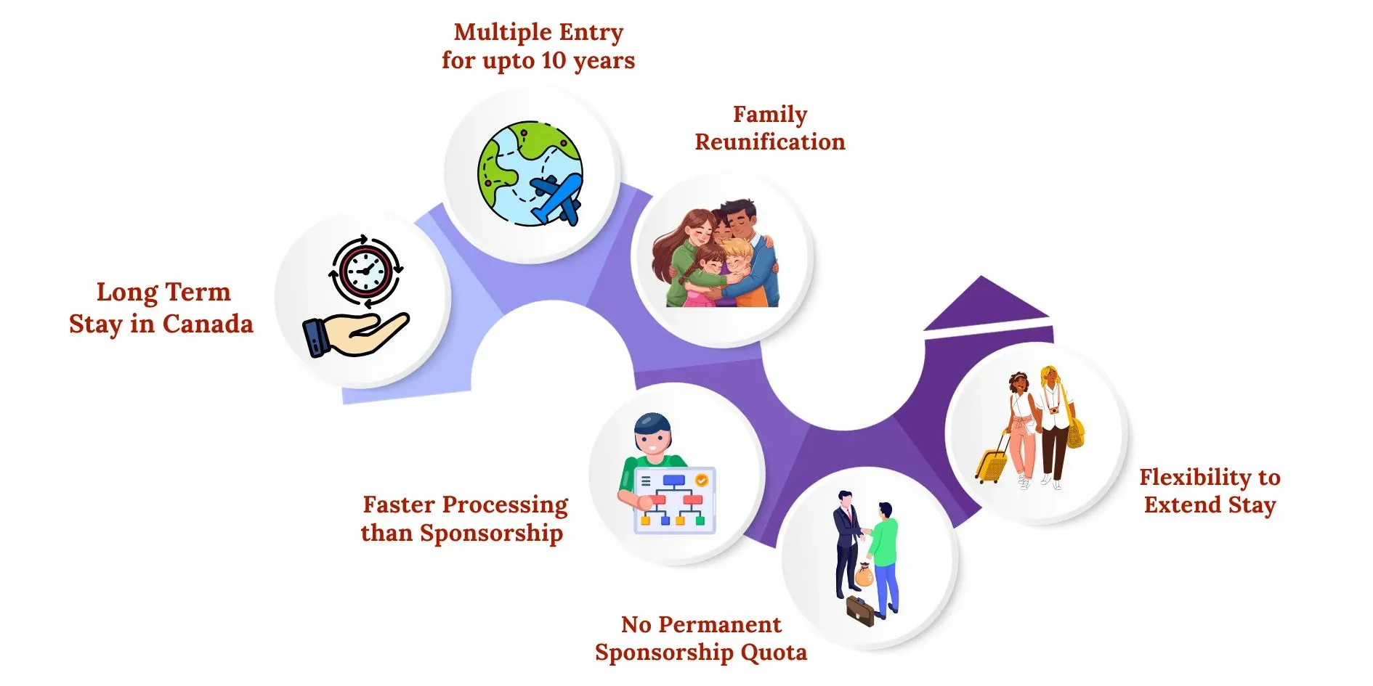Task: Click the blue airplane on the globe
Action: coord(557,197)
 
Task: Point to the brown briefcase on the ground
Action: coord(860,611)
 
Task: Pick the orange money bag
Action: coord(864,576)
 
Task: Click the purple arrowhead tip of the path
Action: coord(982,277)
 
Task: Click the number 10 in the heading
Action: coord(553,60)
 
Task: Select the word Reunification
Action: coord(770,142)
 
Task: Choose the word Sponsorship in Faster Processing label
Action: coord(491,534)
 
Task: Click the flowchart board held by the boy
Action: coord(674,500)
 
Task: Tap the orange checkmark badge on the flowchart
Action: coord(701,480)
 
